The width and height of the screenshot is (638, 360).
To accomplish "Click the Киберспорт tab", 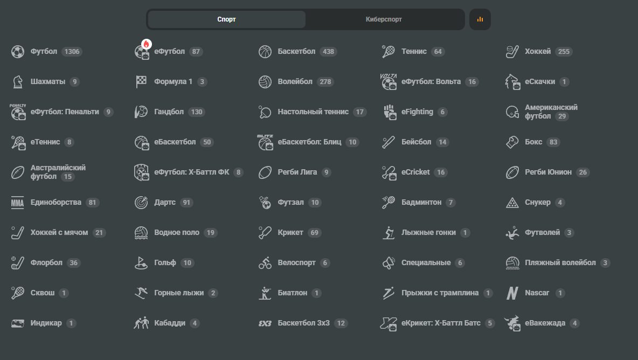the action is click(x=384, y=19).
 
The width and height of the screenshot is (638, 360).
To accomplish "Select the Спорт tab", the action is click(x=227, y=19).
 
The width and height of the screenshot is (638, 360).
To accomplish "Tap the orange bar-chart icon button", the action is click(x=480, y=19).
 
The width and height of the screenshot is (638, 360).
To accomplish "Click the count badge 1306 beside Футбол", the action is click(x=72, y=52).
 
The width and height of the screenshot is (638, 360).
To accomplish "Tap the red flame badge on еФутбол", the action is click(x=147, y=44).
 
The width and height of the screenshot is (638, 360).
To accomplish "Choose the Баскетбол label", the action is click(x=296, y=51).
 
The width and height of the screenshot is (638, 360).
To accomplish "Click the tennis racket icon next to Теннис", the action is click(x=389, y=52).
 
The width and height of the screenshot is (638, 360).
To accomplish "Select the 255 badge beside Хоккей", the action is click(x=564, y=52).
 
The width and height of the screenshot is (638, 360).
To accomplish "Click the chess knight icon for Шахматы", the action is click(x=17, y=82).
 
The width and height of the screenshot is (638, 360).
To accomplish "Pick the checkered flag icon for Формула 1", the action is click(x=141, y=81).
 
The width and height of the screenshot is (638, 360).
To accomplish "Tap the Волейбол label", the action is click(x=295, y=81).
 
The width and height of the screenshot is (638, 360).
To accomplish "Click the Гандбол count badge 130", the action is click(x=197, y=112).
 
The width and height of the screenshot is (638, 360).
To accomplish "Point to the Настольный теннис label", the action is click(x=313, y=112).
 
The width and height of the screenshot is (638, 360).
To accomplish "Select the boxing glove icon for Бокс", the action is click(x=512, y=142).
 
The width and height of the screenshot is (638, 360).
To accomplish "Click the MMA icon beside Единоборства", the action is click(x=17, y=203).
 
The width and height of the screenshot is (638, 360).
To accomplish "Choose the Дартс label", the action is click(x=165, y=202).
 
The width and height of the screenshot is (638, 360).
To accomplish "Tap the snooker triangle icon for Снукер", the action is click(x=512, y=203).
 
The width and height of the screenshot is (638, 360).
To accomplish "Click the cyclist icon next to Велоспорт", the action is click(x=265, y=263).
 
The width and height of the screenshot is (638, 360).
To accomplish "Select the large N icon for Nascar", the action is click(x=512, y=293).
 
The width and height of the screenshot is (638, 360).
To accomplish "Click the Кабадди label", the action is click(x=170, y=323).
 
